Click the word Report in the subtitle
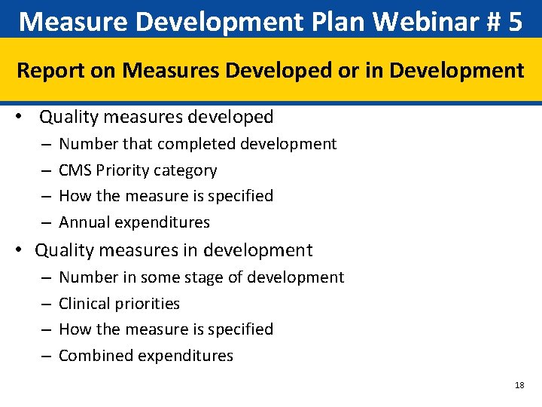click(48, 71)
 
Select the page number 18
click(519, 385)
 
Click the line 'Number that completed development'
click(197, 144)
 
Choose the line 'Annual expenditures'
click(134, 222)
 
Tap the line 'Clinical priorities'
click(119, 304)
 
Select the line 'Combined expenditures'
click(146, 356)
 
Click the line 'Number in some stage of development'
click(201, 277)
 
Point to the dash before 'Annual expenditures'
click(47, 222)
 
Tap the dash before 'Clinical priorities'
click(47, 304)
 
